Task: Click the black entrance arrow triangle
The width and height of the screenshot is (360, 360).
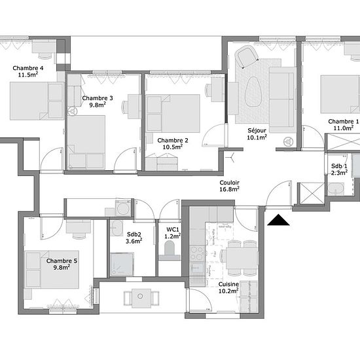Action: pos(278,220)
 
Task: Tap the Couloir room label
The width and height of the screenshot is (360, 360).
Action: pos(229,183)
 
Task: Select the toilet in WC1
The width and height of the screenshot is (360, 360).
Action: pos(170,251)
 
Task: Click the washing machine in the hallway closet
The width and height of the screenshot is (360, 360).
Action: pos(123,208)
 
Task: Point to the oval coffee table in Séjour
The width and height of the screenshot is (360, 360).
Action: pos(253,92)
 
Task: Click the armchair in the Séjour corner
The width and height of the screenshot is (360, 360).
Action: pos(247,56)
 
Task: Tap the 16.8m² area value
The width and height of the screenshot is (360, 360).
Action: pos(229,189)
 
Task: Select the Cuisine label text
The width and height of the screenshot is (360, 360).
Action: pos(228,284)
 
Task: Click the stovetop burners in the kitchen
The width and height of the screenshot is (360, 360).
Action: pos(197,253)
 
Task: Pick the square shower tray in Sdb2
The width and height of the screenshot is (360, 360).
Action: pos(122,264)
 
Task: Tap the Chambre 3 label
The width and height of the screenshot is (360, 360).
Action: pos(98,98)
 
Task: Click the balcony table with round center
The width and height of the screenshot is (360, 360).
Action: pos(141,298)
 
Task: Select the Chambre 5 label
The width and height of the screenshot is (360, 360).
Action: pos(62,261)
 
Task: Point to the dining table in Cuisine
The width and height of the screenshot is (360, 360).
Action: pos(242,258)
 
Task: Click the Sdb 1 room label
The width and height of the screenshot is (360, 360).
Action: pos(339,166)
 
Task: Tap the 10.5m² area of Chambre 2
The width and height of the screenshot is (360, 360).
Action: pos(173,147)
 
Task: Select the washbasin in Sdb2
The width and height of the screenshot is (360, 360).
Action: pos(117,228)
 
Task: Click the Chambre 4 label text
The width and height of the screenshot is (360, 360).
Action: pos(28,68)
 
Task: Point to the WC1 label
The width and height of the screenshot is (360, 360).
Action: pos(173,230)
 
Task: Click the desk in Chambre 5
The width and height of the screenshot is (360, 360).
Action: pos(79,226)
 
